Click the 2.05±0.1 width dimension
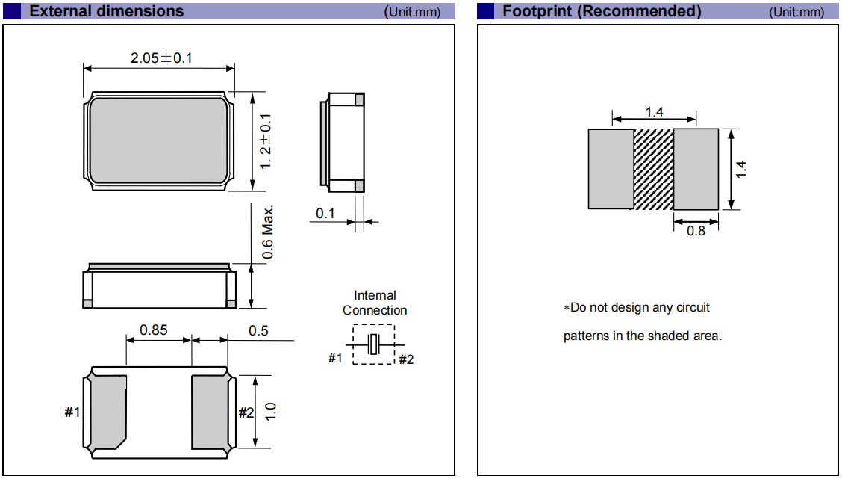[161, 58]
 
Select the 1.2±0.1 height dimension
[265, 141]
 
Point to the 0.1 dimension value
[325, 214]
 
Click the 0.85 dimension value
[154, 330]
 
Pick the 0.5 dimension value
[258, 330]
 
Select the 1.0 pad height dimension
[271, 411]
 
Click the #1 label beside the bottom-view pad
[72, 412]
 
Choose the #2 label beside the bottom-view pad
[246, 412]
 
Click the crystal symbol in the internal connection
[374, 344]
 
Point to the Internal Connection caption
[375, 303]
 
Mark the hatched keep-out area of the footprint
[654, 170]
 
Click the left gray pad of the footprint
[611, 170]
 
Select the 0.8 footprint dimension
[696, 231]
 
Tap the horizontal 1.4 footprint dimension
[655, 111]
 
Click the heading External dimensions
[106, 11]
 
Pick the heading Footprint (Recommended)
[602, 11]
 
